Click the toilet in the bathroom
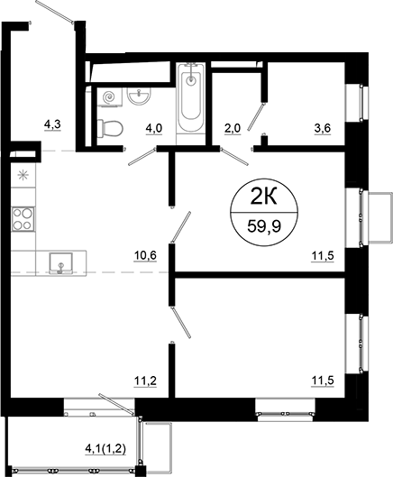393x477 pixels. tap(110, 128)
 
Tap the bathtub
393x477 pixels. tap(191, 99)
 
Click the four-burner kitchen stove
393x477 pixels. tap(23, 218)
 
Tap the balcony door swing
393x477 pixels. tap(117, 399)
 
